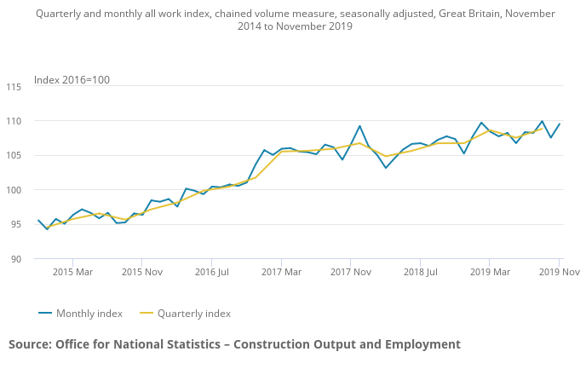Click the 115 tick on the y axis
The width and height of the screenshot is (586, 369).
[x=14, y=87]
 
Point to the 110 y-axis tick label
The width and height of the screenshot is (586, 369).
[x=14, y=121]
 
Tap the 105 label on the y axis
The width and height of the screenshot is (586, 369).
[x=14, y=156]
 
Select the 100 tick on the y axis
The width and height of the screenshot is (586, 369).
[x=14, y=190]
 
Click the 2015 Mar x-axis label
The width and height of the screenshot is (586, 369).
[x=72, y=272]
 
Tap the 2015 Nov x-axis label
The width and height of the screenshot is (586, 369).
[x=142, y=272]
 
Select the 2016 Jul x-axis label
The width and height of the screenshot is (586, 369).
[x=212, y=272]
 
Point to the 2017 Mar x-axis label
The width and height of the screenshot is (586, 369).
[x=281, y=272]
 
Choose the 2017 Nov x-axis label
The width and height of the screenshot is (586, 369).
[x=351, y=272]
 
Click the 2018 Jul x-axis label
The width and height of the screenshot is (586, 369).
[x=421, y=272]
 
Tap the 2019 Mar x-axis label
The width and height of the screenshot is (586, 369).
[x=490, y=272]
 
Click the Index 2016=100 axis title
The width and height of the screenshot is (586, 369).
[x=72, y=80]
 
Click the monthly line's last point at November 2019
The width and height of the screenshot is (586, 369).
[x=560, y=124]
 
